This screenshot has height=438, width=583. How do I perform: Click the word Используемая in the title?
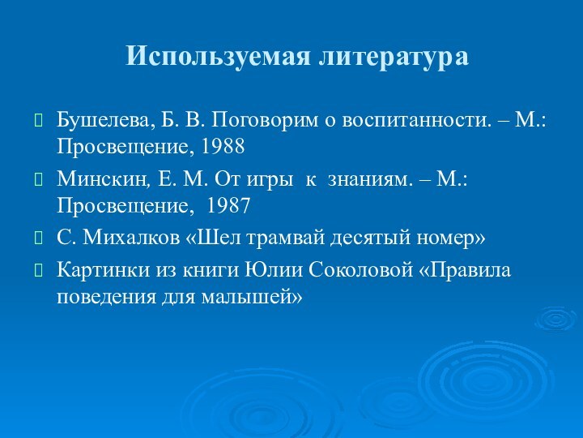[219, 56]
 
